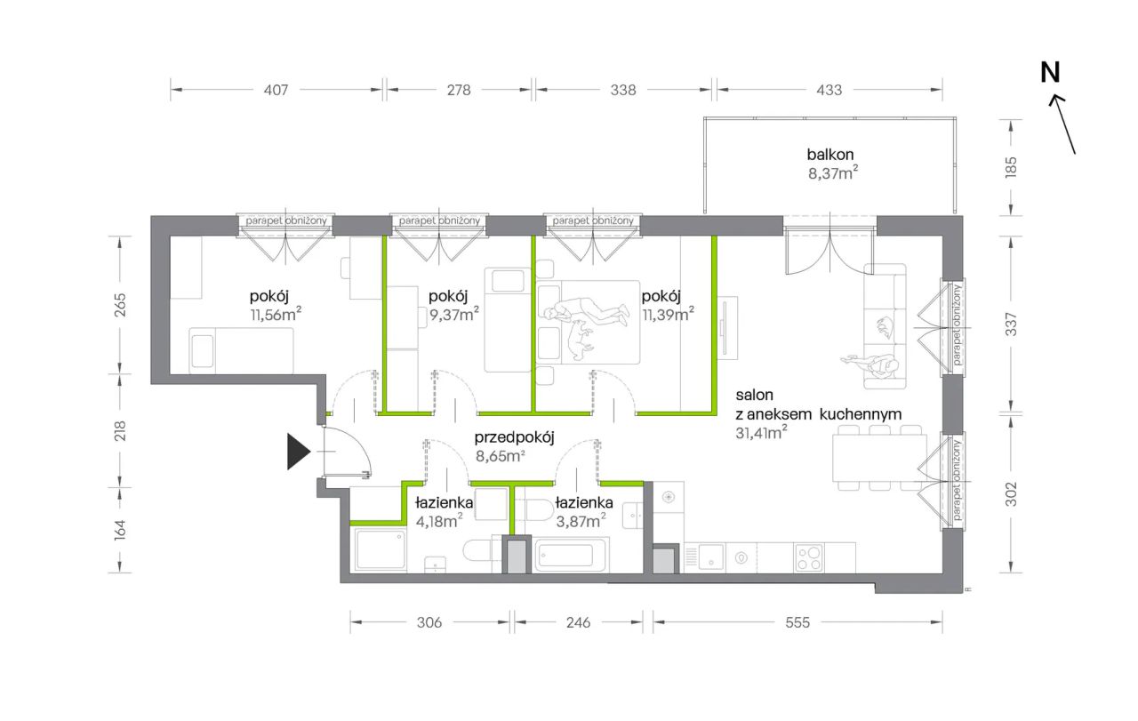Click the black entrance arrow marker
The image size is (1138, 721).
298,452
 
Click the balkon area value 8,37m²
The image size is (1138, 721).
833,173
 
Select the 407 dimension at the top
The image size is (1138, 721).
276,90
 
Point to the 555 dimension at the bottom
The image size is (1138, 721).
797,622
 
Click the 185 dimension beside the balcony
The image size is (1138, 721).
1011,167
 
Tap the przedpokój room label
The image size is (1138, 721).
514,437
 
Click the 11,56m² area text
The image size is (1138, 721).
276,315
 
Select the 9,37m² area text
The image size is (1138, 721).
453,315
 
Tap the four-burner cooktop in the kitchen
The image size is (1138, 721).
808,557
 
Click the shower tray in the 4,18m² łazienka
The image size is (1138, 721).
381,550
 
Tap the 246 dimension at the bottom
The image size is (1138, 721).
578,622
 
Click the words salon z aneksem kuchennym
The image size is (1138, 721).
819,405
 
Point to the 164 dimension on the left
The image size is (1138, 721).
120,530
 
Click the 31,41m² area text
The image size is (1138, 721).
761,433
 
